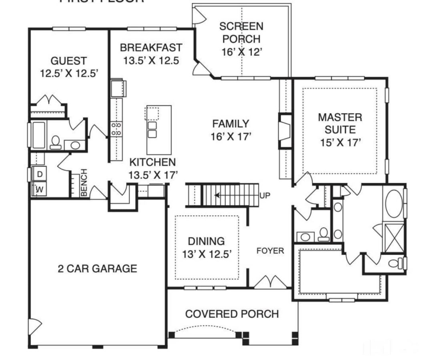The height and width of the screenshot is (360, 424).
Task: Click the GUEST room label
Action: [68, 61]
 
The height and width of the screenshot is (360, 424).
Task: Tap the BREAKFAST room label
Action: [151, 48]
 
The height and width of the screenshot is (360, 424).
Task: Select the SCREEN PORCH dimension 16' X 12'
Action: [241, 52]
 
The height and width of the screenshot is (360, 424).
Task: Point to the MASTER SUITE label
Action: [340, 124]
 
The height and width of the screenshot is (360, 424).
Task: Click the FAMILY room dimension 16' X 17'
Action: [231, 136]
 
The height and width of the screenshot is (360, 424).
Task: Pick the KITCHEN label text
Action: [152, 162]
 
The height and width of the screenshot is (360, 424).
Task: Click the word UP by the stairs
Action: [265, 196]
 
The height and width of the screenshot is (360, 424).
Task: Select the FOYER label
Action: [270, 251]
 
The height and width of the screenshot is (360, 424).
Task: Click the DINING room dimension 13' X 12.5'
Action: [206, 254]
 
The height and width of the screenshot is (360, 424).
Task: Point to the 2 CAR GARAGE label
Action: [97, 268]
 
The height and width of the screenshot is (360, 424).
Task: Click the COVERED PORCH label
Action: [232, 314]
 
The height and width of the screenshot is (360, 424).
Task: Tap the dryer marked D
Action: [40, 174]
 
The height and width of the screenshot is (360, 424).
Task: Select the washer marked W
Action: [40, 189]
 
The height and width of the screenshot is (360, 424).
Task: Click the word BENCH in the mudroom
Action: [84, 183]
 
